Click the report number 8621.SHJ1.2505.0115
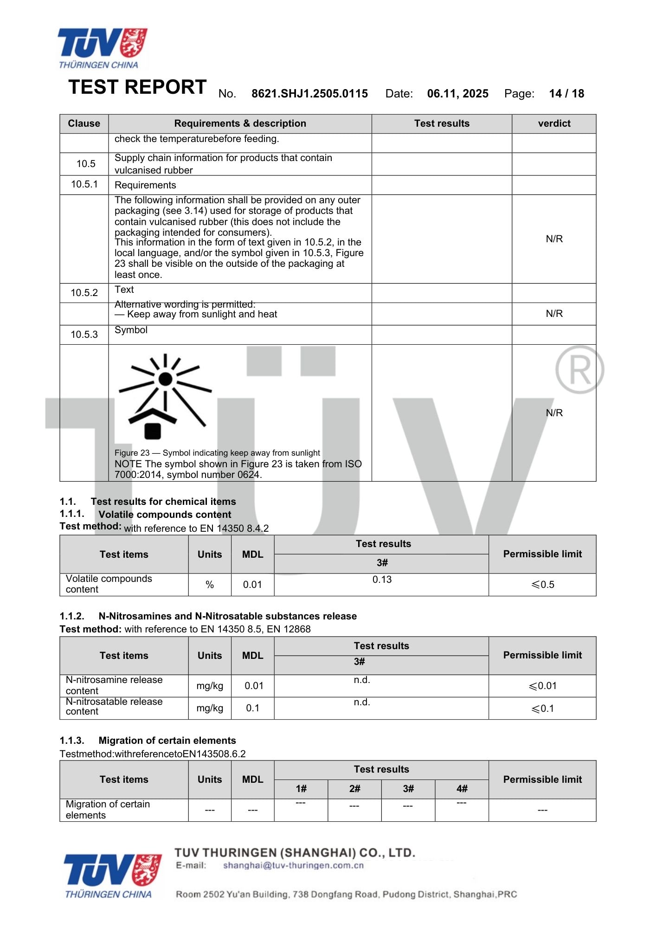pos(309,94)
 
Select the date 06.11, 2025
pos(457,94)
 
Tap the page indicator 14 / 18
pos(566,94)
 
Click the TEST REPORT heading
pos(137,87)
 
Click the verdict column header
pos(554,123)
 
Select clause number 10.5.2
pos(84,293)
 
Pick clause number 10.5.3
pos(84,335)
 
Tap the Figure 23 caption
pos(217,453)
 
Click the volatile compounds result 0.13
pos(382,580)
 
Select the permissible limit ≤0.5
pos(542,585)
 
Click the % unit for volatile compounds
pos(210,585)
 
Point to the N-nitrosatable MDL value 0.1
pos(252,708)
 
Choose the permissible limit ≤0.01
pos(542,686)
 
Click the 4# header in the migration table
pos(462,789)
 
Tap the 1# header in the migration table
pos(301,789)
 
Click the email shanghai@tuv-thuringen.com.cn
pos(293,865)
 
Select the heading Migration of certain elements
pos(167,741)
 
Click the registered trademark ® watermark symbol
pos(579,370)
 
